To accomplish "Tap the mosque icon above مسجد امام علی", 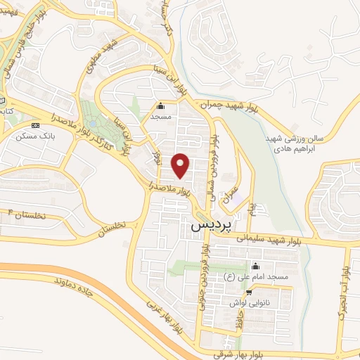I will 255,266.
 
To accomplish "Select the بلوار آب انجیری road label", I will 343,295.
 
